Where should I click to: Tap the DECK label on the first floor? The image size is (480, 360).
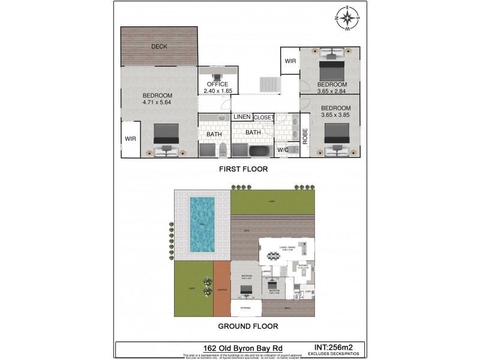[159, 46]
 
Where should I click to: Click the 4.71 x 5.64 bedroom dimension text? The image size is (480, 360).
[157, 103]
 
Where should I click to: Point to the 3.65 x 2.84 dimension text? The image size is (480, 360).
[332, 91]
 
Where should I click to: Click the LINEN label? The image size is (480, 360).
[242, 117]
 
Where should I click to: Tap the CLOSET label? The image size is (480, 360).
[263, 117]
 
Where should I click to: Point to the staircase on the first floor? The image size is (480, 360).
[269, 85]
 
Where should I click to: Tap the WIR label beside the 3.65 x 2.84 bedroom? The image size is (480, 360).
[290, 61]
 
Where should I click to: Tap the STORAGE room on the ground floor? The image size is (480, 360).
[246, 308]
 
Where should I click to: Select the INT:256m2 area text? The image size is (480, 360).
[334, 346]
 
